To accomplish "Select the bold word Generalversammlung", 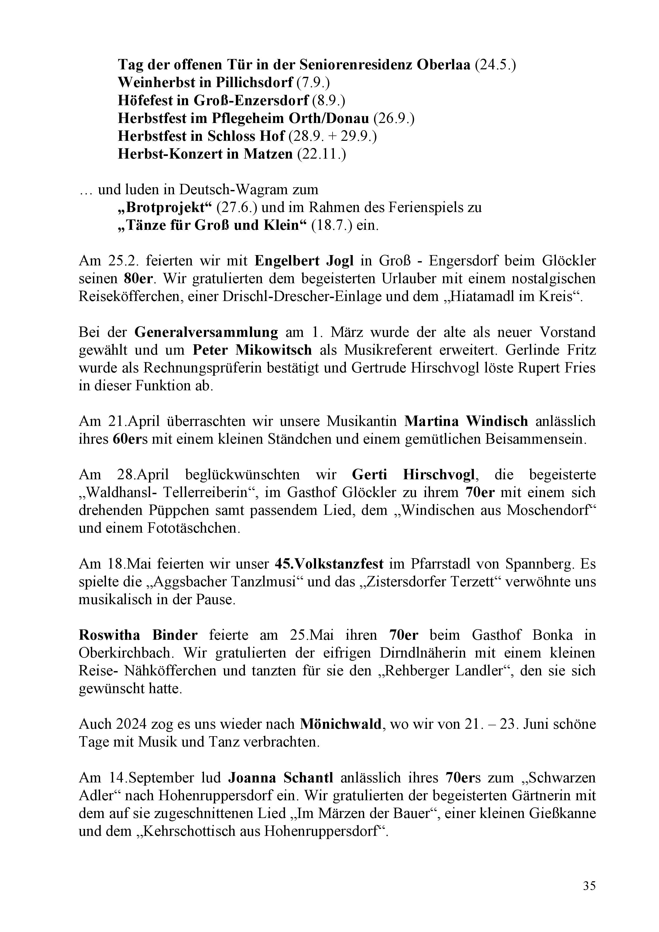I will (206, 332).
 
